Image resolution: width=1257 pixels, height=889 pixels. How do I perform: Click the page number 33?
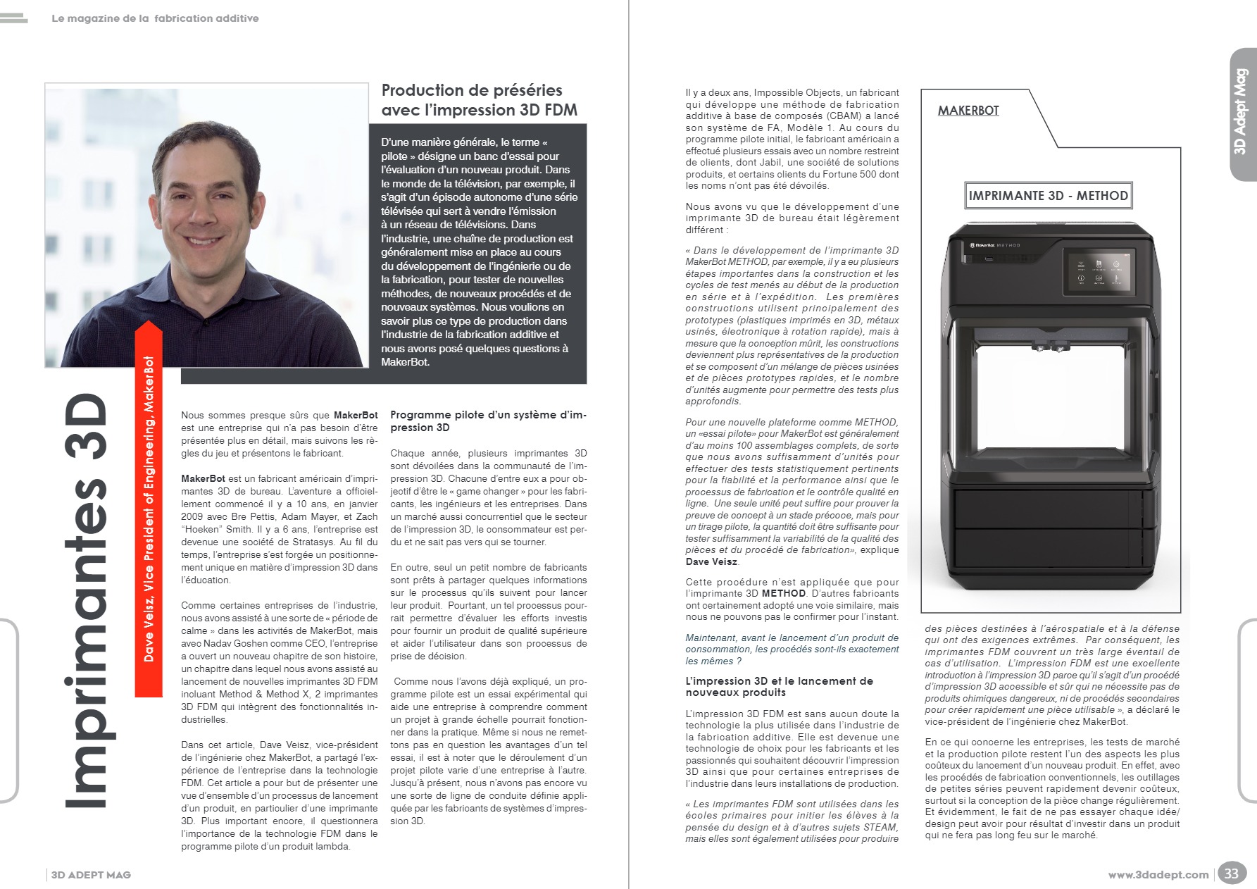click(1230, 874)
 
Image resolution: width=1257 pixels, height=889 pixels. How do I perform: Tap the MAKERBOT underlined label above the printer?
click(968, 111)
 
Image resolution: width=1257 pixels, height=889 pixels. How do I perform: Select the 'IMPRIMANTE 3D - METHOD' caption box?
click(1048, 196)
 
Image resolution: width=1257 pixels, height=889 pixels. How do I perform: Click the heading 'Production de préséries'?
click(472, 90)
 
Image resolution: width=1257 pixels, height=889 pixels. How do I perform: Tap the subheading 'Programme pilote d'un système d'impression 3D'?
click(488, 421)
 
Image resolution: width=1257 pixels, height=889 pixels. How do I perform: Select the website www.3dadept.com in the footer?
click(1158, 875)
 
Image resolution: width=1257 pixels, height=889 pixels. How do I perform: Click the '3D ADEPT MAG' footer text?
click(91, 875)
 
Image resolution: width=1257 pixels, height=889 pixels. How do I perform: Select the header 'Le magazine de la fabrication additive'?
click(155, 18)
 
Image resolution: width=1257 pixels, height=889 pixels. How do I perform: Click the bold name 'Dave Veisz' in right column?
click(711, 561)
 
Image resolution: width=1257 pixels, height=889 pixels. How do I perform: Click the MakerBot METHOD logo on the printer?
click(994, 245)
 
